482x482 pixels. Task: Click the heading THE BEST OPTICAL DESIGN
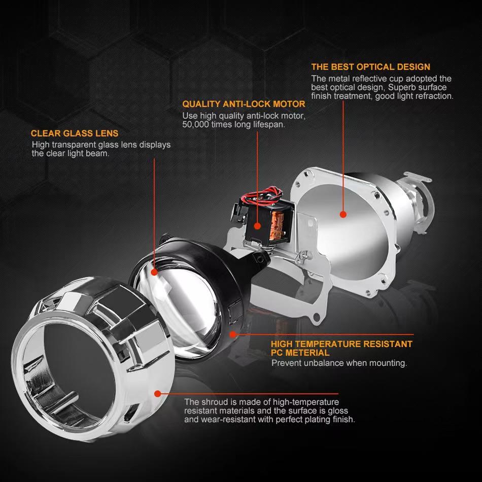coord(370,66)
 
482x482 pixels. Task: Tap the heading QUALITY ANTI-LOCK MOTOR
coord(244,104)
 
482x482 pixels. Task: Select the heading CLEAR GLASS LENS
coord(75,133)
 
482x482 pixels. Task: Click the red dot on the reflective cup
coord(342,215)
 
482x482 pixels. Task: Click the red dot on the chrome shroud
coord(157,393)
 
